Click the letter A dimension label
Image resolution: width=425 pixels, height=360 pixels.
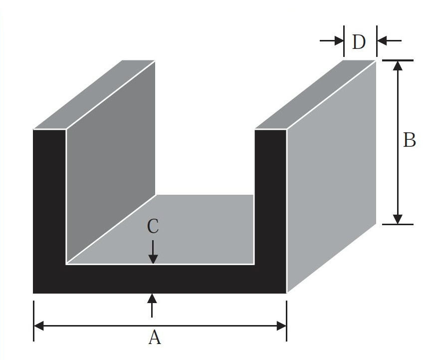pos(155,338)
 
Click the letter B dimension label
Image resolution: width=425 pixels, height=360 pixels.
pos(409,141)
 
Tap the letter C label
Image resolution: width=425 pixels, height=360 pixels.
pos(153,227)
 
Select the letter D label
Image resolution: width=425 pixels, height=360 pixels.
pos(359,42)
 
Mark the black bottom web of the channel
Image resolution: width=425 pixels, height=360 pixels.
pos(160,279)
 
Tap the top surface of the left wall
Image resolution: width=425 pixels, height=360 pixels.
pos(95,95)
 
